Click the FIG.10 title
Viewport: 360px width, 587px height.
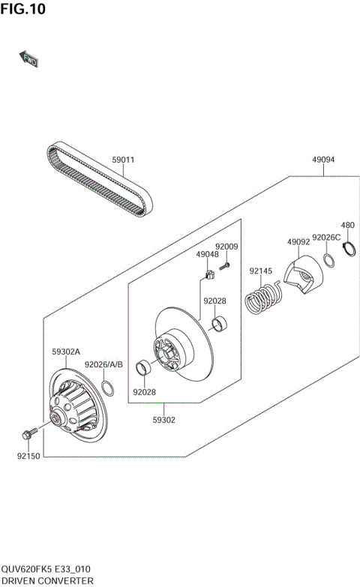click(x=24, y=9)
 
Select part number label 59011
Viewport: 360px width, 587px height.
click(x=123, y=160)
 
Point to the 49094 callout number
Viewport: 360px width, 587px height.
click(x=324, y=160)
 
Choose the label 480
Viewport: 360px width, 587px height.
click(x=347, y=225)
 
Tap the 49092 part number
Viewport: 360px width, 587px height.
click(x=298, y=242)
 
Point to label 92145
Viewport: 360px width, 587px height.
click(x=262, y=271)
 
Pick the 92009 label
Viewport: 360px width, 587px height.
click(x=226, y=247)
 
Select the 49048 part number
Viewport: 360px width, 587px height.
click(x=208, y=255)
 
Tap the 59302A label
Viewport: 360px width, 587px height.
click(x=66, y=351)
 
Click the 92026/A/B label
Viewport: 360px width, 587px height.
click(x=103, y=364)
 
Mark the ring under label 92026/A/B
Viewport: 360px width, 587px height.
click(x=108, y=388)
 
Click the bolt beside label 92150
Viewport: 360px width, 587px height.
click(x=31, y=433)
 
